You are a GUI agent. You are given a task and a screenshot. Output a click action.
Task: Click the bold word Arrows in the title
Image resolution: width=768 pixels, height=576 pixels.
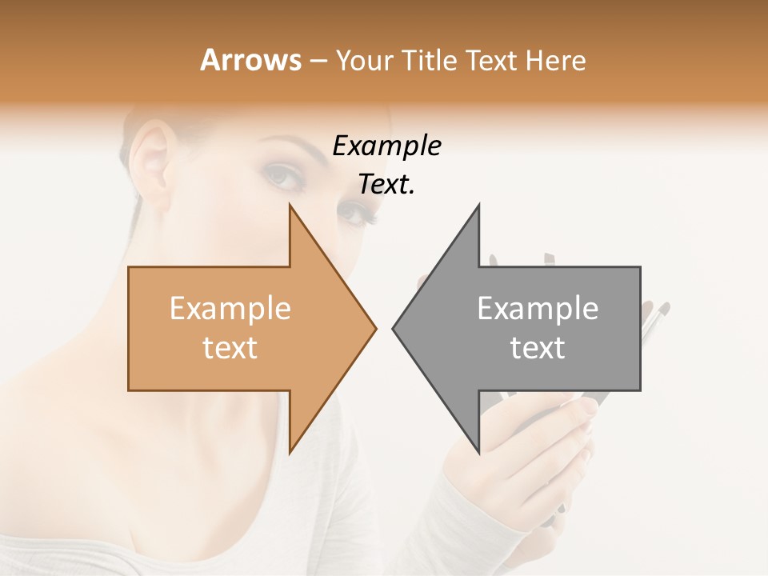[251, 60]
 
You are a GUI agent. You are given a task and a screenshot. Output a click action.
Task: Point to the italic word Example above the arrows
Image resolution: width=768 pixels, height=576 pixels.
[386, 146]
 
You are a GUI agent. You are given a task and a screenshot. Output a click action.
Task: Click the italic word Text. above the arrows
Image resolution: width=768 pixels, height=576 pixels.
[386, 185]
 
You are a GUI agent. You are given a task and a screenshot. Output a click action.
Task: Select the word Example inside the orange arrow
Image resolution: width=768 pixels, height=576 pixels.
[230, 308]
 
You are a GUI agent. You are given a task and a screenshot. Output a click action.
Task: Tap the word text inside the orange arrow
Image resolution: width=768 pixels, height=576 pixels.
[230, 348]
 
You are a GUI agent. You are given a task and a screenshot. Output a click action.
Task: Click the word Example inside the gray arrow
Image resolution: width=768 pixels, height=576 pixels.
[538, 308]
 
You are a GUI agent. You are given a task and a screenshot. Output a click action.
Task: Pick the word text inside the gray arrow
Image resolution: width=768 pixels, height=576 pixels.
[538, 348]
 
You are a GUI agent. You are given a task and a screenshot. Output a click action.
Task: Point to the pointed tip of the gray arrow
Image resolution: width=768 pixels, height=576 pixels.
[394, 328]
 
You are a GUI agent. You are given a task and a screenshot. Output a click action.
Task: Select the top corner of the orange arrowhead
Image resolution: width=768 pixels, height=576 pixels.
[290, 206]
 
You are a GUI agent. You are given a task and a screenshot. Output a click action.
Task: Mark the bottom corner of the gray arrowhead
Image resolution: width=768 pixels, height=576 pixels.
[478, 452]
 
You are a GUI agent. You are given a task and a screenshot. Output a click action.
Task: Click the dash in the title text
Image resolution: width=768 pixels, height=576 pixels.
[318, 62]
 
